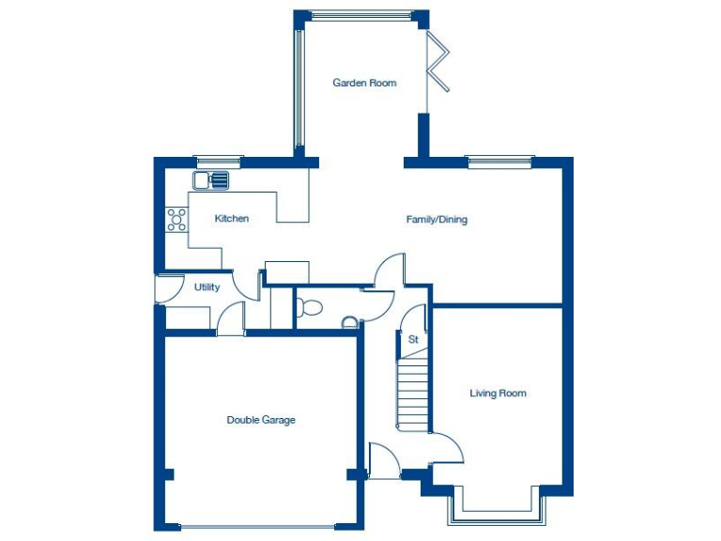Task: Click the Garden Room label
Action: click(x=364, y=83)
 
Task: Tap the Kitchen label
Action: click(x=232, y=219)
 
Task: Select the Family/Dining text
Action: click(x=437, y=220)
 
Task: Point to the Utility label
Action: click(x=207, y=287)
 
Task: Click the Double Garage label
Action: click(x=261, y=420)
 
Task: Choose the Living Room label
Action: click(x=498, y=394)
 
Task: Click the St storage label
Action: click(x=412, y=338)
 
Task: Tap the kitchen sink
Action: click(x=211, y=180)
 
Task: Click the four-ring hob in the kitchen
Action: click(x=176, y=219)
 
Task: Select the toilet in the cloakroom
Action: click(x=307, y=306)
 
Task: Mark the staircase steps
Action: click(x=411, y=390)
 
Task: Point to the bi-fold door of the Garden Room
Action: click(x=437, y=62)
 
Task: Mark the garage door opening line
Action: click(x=262, y=526)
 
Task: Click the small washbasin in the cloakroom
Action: click(x=349, y=323)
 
